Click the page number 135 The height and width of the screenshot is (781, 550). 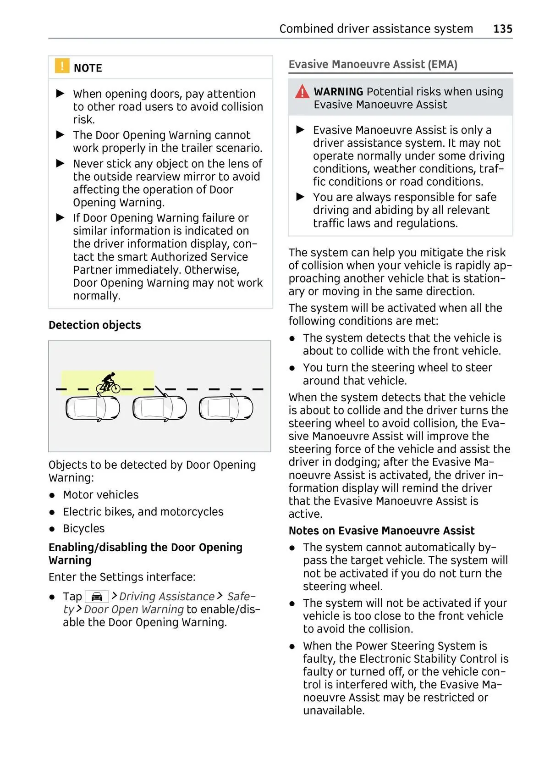coord(502,29)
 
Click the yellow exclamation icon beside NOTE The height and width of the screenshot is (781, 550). coord(62,66)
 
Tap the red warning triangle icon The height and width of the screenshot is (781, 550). coord(302,92)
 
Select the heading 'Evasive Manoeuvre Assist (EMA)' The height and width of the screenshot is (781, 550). coord(373,65)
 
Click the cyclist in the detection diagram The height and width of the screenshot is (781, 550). coord(108,383)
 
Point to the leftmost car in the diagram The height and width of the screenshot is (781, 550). coord(93,408)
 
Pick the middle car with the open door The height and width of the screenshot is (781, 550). coord(159,408)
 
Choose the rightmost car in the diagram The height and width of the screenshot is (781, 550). coord(226,408)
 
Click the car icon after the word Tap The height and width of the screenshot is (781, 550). coord(97,597)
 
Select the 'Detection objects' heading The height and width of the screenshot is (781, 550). coord(94,325)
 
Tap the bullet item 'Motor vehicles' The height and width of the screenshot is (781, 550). coord(100,495)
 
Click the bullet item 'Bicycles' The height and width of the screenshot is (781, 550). coord(83,529)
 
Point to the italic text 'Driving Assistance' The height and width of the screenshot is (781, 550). coord(167,597)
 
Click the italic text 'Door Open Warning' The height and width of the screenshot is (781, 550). coord(134,609)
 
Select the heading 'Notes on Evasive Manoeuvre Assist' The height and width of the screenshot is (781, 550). coord(381,531)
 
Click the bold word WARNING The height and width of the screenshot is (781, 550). coord(338,92)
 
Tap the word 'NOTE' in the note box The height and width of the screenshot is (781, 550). coord(88,68)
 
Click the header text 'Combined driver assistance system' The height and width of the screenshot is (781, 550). coord(376,29)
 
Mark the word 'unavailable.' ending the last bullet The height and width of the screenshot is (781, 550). coord(334,711)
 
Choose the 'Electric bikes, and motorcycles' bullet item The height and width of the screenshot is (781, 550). coord(143,512)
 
